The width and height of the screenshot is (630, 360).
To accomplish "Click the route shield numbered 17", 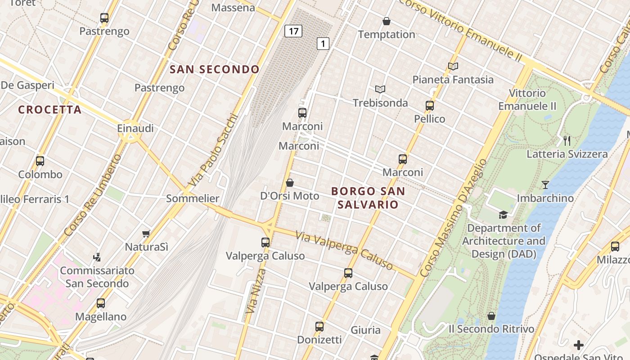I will point(293,31).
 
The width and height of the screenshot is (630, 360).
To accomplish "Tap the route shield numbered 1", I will point(323,44).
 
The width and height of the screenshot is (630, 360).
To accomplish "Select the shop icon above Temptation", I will point(386,21).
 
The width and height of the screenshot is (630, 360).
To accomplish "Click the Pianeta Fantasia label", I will point(453,80).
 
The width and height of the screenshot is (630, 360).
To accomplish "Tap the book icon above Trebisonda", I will point(380,89).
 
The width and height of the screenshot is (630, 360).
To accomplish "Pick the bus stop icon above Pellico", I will point(430,106).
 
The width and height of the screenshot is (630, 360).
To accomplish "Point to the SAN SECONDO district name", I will point(215,69).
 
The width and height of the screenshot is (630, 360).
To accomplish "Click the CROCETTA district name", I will point(50,109).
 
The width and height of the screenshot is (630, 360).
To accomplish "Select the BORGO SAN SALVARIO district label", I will point(368,198).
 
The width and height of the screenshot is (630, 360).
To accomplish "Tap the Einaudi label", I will point(135,128).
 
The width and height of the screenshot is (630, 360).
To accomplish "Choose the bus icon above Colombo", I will point(40,161).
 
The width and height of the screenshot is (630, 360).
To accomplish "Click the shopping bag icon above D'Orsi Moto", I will point(290,183).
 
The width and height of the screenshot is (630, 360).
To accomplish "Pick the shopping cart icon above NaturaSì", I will point(146,234).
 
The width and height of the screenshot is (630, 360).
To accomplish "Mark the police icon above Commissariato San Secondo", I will point(97,257).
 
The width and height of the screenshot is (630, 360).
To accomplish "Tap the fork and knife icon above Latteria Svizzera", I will point(567,141).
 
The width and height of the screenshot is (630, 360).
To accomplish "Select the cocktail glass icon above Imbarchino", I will point(545,184).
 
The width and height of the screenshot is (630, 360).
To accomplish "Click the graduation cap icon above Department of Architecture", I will point(503,215).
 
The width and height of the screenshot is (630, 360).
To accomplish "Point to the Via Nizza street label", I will point(254,291).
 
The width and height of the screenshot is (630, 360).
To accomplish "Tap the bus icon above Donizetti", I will point(319,326).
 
